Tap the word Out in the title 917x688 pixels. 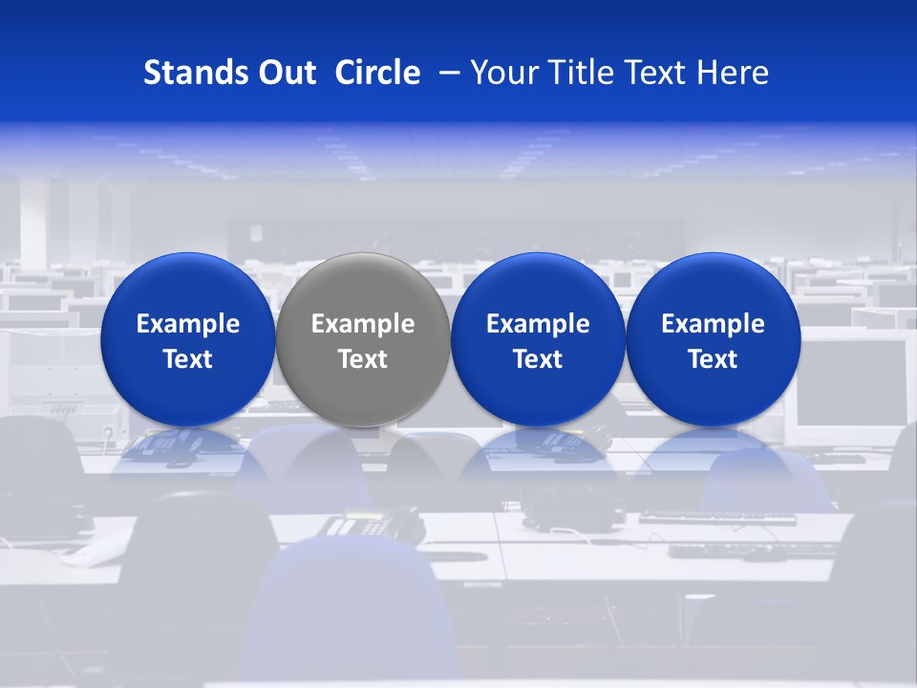[285, 73]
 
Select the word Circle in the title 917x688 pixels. [377, 73]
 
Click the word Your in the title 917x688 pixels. [503, 73]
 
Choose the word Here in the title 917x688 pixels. [732, 73]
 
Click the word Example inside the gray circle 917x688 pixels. [363, 324]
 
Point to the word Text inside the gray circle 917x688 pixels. [363, 359]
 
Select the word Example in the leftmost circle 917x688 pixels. [187, 324]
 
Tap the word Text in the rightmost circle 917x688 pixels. [713, 359]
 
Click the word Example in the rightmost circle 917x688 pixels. [713, 324]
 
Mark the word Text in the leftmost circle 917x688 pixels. [187, 359]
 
